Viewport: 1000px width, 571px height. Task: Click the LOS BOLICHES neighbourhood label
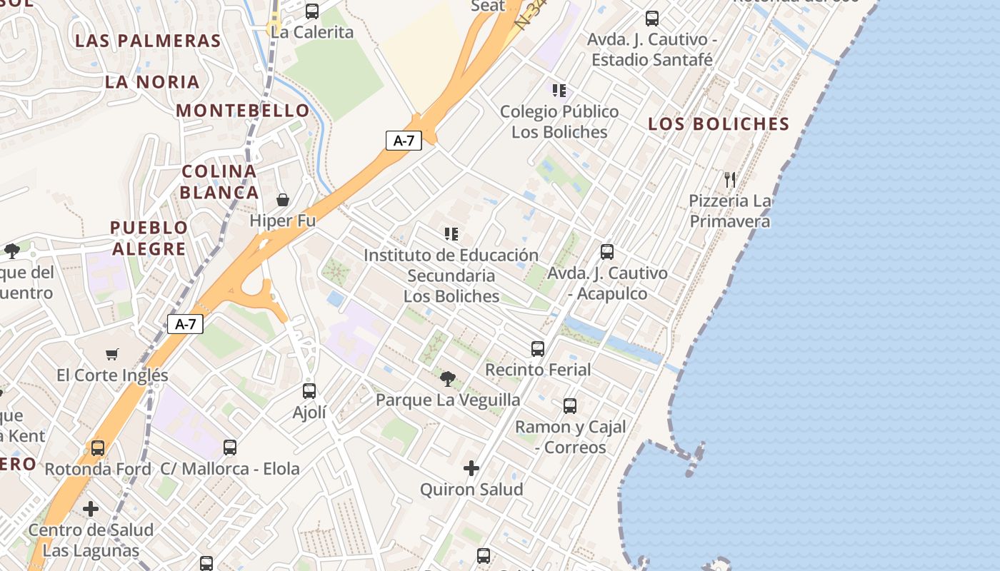(719, 124)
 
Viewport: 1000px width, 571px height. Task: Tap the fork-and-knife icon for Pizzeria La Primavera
(729, 179)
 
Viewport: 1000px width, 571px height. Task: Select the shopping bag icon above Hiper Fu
(283, 199)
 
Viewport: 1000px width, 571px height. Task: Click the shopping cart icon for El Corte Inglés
(112, 354)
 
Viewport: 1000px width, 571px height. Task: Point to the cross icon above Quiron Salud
(471, 468)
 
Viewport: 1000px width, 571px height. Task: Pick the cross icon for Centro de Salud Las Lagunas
(91, 509)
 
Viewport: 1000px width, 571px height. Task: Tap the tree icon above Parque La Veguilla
(448, 378)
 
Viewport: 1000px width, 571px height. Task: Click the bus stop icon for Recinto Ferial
(538, 349)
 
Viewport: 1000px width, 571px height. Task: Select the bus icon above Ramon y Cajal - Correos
(570, 406)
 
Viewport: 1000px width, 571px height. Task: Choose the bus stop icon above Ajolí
(309, 391)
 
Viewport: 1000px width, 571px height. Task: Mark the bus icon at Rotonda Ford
(98, 448)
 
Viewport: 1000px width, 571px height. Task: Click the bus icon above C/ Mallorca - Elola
(230, 448)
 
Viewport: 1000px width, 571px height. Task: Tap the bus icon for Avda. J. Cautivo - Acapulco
(607, 252)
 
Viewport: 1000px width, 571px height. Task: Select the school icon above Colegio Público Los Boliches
(559, 91)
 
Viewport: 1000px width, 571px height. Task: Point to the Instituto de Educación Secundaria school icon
(451, 234)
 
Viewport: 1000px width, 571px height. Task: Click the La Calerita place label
(312, 32)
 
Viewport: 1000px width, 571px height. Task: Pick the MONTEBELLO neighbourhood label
(243, 111)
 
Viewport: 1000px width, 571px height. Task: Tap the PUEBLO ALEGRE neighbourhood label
(149, 238)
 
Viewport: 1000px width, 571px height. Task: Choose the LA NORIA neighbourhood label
(152, 82)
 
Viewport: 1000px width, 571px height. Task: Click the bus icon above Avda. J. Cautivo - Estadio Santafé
(652, 19)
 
